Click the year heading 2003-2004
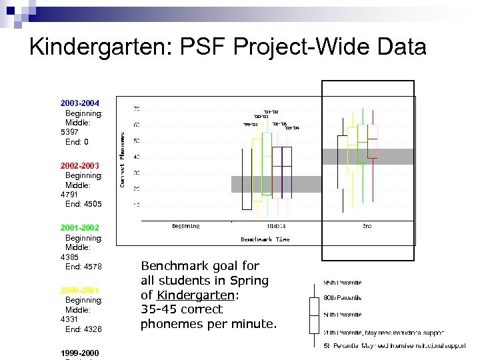(79, 103)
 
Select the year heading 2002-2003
(79, 165)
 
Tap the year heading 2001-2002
(79, 227)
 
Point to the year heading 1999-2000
(79, 352)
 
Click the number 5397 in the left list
(69, 132)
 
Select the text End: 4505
(83, 204)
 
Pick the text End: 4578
(83, 267)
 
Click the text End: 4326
(83, 329)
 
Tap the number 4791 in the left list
(69, 194)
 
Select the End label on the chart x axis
(367, 227)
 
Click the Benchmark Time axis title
(265, 239)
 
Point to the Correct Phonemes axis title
(122, 158)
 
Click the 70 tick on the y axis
(136, 109)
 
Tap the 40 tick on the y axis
(136, 157)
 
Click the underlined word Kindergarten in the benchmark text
(195, 295)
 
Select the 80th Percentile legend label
(343, 298)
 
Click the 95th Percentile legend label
(343, 283)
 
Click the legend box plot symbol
(314, 315)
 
